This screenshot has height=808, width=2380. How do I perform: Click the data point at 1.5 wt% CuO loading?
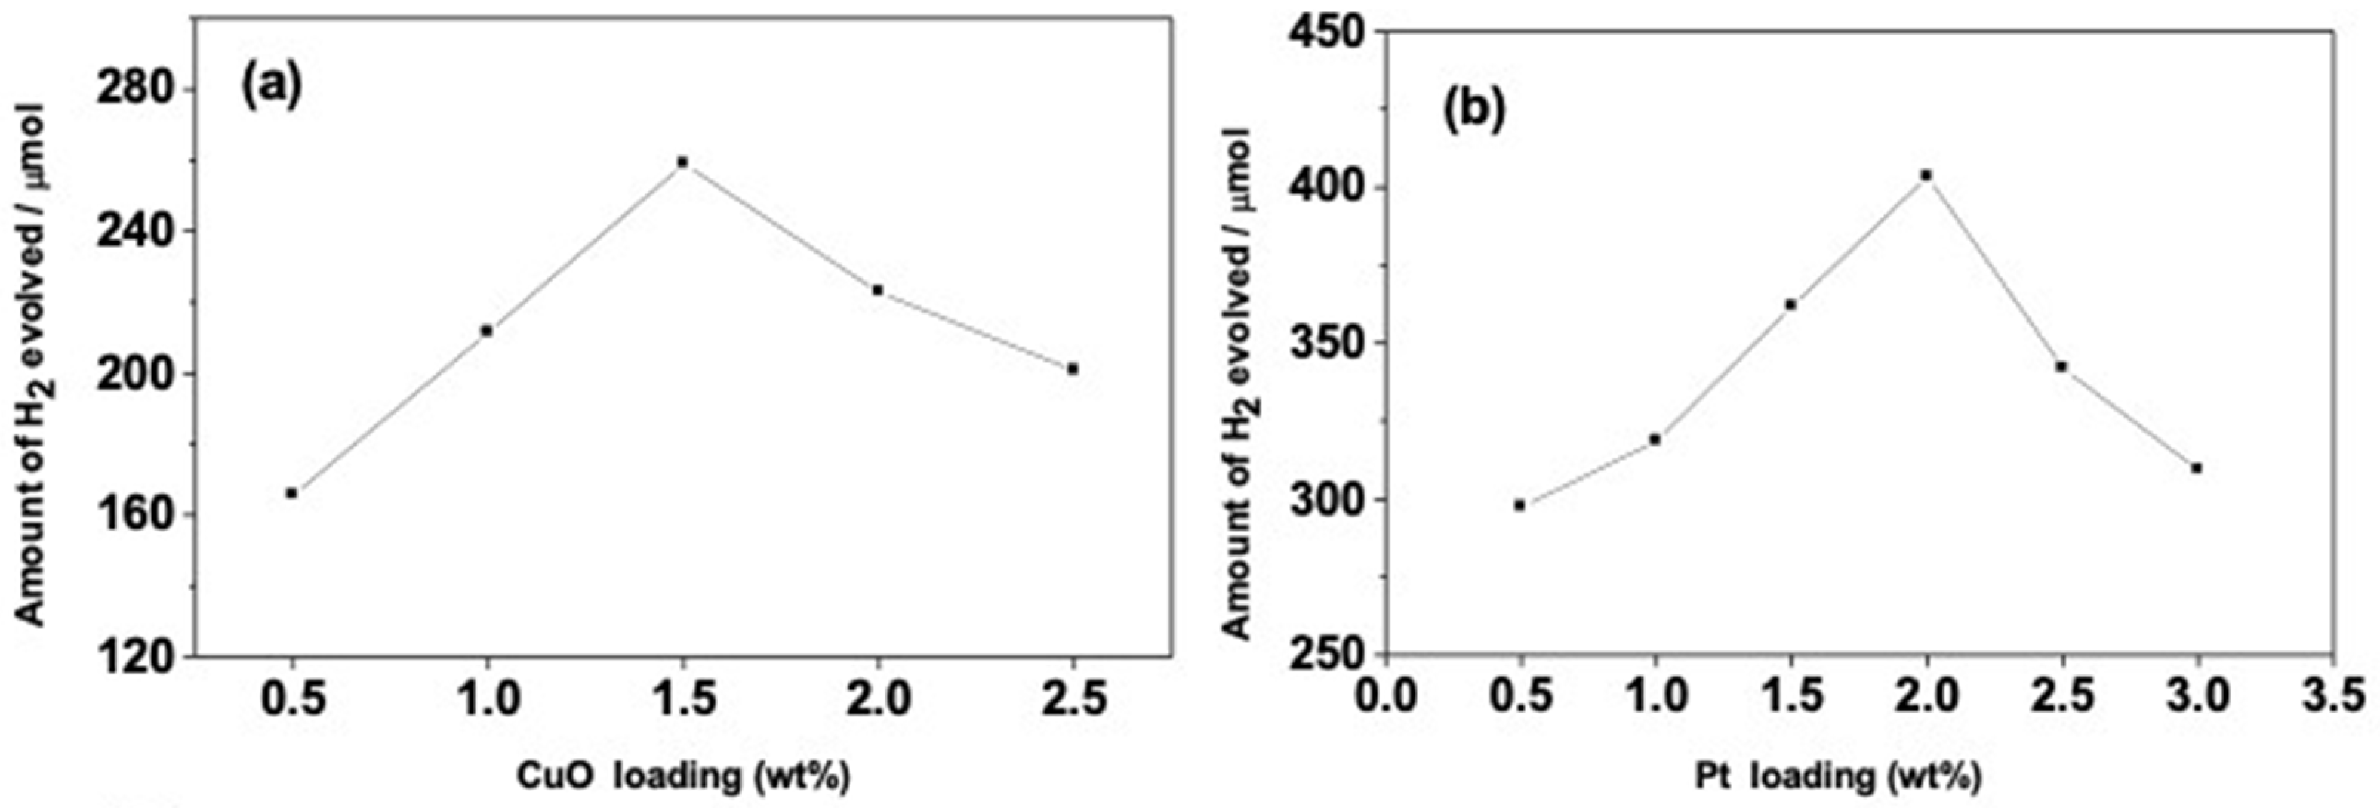[x=683, y=162]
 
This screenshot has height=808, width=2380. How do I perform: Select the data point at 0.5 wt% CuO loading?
[x=292, y=493]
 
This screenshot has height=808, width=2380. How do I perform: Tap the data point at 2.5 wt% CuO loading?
[x=1073, y=369]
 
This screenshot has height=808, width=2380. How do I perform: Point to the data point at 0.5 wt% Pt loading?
[x=1519, y=504]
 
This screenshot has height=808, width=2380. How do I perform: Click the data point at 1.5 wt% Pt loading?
[x=1790, y=304]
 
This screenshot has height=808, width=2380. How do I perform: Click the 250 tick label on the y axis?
[x=1325, y=655]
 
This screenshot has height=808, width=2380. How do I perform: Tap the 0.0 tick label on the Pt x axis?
[x=1383, y=697]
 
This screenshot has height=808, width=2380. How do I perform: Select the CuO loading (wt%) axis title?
[x=682, y=776]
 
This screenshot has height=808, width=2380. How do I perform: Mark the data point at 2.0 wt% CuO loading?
[x=878, y=290]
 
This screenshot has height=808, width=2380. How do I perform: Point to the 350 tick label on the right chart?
[x=1325, y=343]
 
